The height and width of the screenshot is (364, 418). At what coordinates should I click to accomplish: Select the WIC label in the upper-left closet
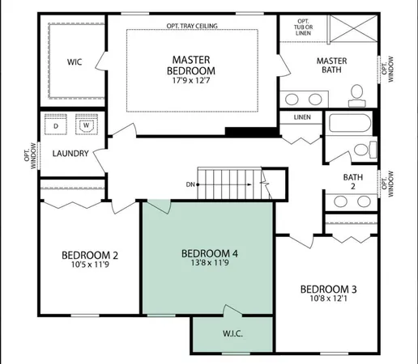click(x=75, y=62)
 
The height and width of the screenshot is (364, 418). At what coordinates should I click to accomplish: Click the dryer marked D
click(x=56, y=126)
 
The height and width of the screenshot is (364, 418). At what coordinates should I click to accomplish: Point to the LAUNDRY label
click(x=70, y=153)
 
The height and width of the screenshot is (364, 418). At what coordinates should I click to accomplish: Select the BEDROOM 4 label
click(x=209, y=250)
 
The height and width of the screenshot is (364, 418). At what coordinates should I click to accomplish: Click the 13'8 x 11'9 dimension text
click(x=209, y=262)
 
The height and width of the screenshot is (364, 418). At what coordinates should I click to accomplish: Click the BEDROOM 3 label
click(x=329, y=290)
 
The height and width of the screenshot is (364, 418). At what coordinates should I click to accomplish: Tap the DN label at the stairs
click(x=190, y=184)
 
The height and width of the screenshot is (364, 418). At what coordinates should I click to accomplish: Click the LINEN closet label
click(x=301, y=118)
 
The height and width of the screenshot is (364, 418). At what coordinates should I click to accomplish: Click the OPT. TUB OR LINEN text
click(x=304, y=26)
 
